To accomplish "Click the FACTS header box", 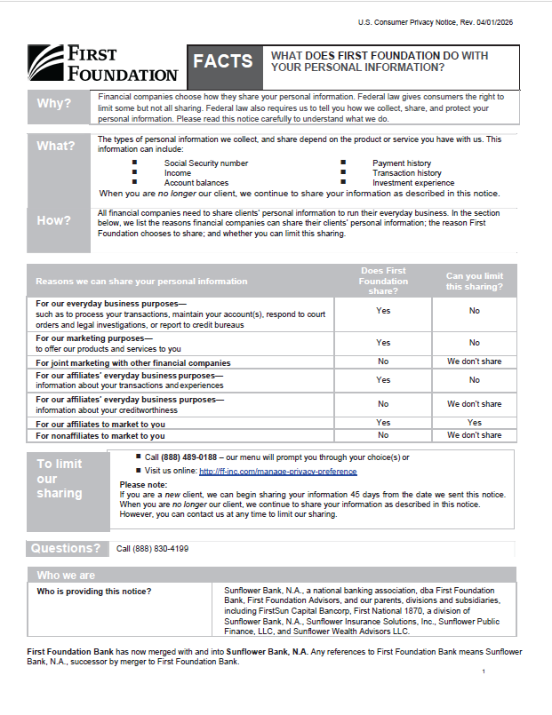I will (223, 61).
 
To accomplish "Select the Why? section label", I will (53, 104).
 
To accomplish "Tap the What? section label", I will (55, 146).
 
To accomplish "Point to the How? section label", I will (53, 220).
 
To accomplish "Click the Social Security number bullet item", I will (206, 163).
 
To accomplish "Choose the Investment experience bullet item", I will (412, 183).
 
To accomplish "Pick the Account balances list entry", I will (196, 183).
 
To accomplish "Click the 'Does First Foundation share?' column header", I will (383, 281).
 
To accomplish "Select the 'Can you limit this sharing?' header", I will (474, 281).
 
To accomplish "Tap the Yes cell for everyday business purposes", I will (383, 311).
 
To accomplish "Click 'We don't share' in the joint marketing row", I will (474, 362).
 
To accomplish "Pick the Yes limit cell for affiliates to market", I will (474, 423).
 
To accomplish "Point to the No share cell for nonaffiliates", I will (383, 435).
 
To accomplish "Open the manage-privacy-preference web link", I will (277, 472).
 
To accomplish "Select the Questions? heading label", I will (66, 548).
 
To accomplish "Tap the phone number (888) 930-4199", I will (152, 549).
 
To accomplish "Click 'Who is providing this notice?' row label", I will (93, 591).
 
